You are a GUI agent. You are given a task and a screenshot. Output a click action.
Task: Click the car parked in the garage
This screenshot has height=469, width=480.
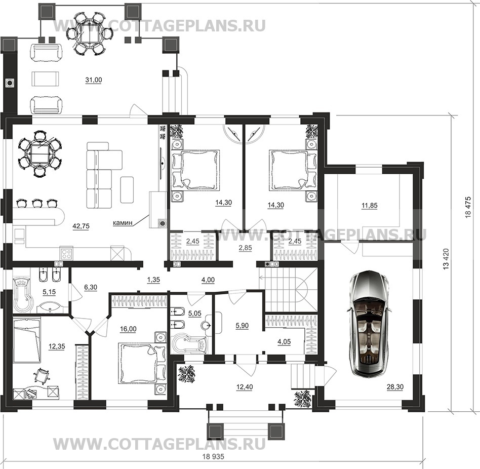[370, 323]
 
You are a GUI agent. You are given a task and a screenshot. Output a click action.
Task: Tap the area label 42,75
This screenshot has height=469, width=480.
[81, 226]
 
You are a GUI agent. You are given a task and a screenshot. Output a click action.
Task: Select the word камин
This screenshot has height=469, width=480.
[123, 222]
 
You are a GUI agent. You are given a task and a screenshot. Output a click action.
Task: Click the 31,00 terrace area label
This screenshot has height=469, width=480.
[93, 80]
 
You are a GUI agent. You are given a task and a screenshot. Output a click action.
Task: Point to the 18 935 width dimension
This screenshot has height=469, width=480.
[213, 456]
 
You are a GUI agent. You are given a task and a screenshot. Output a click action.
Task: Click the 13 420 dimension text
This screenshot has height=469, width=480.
[446, 259]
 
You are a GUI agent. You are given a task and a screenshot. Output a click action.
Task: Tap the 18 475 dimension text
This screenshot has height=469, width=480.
[467, 207]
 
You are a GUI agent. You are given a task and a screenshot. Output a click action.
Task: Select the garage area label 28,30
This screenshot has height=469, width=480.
[395, 387]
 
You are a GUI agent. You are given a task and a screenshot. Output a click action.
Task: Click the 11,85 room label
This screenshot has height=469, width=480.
[370, 206]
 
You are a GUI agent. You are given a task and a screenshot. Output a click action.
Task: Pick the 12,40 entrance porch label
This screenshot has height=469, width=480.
[245, 387]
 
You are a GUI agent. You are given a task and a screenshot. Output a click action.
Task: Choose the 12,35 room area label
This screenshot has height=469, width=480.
[57, 346]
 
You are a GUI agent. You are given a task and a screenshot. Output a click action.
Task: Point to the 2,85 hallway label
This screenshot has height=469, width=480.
[245, 248]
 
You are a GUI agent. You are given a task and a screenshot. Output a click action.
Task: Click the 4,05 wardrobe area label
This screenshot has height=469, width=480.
[284, 342]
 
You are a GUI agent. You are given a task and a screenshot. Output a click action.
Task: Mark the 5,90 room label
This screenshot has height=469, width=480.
[242, 326]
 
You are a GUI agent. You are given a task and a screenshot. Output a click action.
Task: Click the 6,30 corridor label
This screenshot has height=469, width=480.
[90, 287]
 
